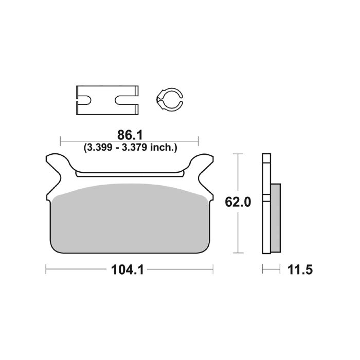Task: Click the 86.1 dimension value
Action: tap(129, 135)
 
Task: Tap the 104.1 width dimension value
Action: tap(129, 268)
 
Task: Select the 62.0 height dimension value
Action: tap(238, 203)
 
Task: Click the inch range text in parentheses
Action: tap(130, 148)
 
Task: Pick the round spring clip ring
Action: tap(169, 99)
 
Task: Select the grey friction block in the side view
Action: tap(276, 219)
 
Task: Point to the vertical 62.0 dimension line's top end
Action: tap(238, 154)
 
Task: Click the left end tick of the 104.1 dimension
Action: tap(46, 268)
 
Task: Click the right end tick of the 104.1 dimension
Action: tap(212, 268)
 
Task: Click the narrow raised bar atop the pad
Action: tap(130, 174)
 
